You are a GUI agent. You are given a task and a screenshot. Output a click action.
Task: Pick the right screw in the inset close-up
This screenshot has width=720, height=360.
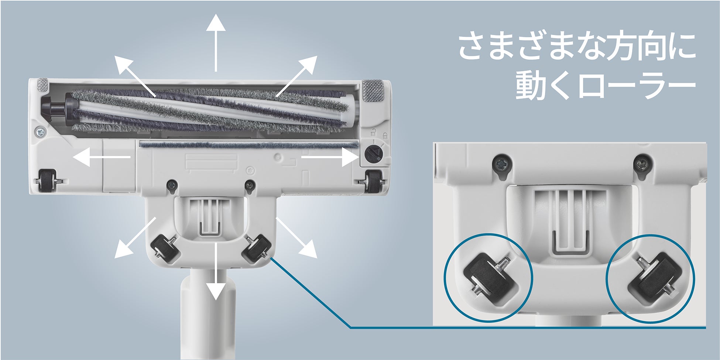pyautogui.click(x=644, y=165)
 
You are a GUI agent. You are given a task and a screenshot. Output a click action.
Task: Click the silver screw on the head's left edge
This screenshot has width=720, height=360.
pyautogui.click(x=40, y=131)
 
